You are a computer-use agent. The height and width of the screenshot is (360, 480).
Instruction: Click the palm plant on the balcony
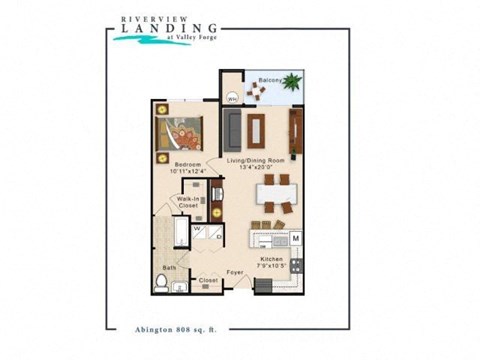pyautogui.click(x=292, y=84)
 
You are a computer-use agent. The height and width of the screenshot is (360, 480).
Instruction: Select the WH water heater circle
pyautogui.click(x=232, y=98)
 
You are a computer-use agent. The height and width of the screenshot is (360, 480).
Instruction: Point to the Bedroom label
pyautogui.click(x=188, y=164)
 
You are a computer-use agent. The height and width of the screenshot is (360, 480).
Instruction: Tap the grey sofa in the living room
pyautogui.click(x=233, y=127)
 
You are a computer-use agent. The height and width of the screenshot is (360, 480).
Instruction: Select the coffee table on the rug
pyautogui.click(x=258, y=127)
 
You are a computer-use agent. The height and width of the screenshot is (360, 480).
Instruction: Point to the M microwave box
pyautogui.click(x=296, y=238)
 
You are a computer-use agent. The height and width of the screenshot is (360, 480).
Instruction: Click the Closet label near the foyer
pyautogui.click(x=208, y=281)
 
